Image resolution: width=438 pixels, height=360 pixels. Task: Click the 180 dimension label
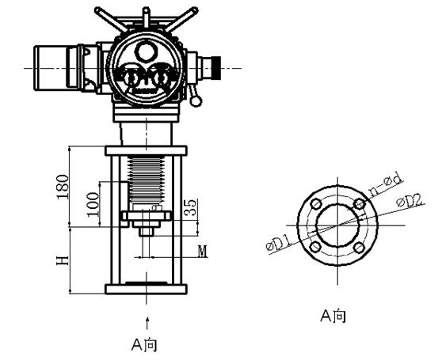pos(63,187)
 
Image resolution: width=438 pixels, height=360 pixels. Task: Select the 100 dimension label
pos(93,205)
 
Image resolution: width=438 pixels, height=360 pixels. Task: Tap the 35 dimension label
pos(191,207)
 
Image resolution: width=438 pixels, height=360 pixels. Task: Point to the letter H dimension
pos(63,260)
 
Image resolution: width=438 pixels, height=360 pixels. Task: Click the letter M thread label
pos(203,252)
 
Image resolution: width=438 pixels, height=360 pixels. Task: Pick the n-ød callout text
pos(387,184)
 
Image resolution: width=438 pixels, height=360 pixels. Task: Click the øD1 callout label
pos(279,243)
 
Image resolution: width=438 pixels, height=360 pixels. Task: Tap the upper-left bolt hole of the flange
pos(316,203)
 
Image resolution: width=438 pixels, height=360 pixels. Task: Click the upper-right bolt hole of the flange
pos(359,203)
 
